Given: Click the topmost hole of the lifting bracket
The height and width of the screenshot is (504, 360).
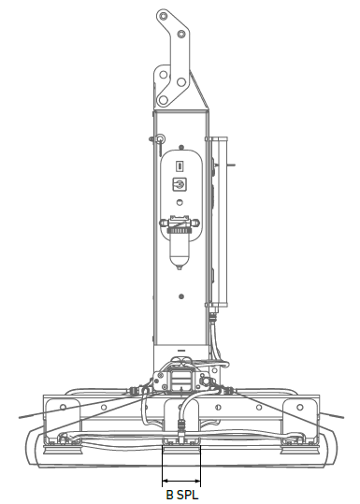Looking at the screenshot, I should point(165,18).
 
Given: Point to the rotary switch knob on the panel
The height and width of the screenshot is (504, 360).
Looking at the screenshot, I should point(180,185).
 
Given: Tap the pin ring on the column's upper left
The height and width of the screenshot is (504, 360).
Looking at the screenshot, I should point(161,142).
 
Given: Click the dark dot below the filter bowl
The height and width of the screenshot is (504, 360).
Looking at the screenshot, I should point(180,299).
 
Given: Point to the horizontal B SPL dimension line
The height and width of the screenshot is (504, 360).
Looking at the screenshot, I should point(181,471).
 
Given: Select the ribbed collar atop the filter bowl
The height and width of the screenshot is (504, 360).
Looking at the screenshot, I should point(180,224).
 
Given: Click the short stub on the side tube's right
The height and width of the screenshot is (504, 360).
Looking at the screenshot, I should point(232,166).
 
